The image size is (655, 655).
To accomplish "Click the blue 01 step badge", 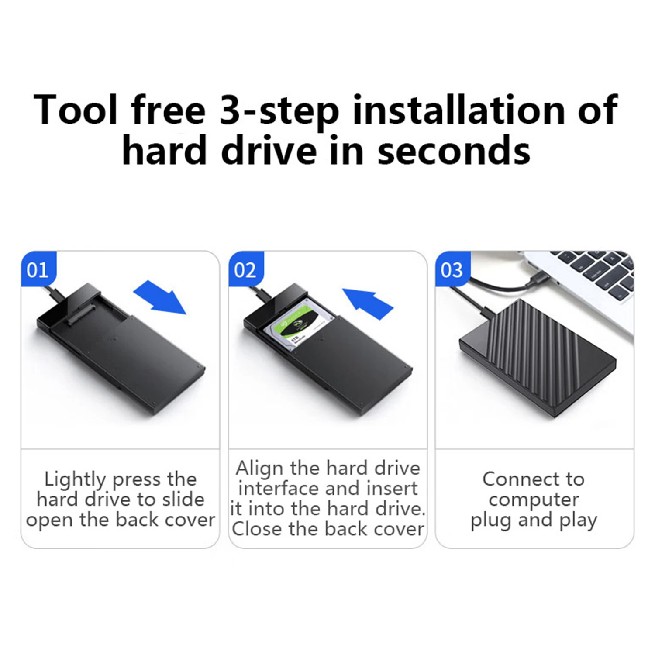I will (38, 269).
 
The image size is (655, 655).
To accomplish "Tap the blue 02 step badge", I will (245, 269).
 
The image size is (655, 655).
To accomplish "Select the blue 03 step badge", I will (452, 269).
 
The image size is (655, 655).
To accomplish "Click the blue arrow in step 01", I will (161, 297).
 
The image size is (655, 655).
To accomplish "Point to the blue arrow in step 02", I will (368, 303).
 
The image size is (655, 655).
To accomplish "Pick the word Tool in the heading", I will (75, 110).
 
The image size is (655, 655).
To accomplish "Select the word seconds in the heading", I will (454, 151).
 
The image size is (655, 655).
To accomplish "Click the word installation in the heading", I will (458, 110).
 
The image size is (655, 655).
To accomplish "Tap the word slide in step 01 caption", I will (183, 500).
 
